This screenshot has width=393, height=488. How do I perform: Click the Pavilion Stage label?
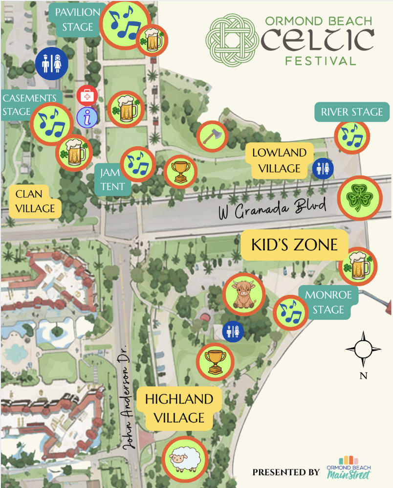coord(78,20)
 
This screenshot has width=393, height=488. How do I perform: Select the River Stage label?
coord(351,112)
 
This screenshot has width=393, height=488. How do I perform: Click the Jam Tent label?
coord(113,179)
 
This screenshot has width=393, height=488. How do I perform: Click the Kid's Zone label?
coord(294,244)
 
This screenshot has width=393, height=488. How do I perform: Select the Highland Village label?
coord(179,408)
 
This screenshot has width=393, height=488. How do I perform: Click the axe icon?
coord(213,136)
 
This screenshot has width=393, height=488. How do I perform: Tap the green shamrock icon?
coord(359,198)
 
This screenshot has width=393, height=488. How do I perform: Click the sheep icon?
coord(185,459)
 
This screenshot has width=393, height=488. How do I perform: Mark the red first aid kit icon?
coord(87,95)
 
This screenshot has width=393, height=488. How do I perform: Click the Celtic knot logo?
coord(231,42)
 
